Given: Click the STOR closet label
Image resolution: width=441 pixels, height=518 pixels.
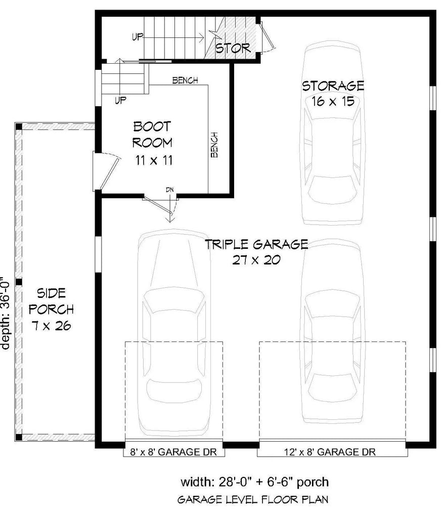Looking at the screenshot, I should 233,48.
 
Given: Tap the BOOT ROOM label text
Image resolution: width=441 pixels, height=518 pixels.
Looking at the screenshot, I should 152,134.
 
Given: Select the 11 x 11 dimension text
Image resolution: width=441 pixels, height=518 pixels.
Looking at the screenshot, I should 153,161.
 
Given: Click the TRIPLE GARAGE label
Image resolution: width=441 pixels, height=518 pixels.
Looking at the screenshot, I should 256,245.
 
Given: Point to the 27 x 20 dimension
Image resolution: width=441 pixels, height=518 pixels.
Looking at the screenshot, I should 256,261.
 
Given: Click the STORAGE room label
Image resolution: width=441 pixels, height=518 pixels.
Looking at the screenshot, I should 333,85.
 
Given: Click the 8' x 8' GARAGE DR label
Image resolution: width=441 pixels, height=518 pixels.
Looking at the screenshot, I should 173,452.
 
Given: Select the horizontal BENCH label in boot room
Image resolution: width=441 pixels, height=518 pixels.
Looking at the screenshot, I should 185,80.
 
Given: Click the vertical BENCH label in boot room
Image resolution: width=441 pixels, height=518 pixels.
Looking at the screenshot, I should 214,145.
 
